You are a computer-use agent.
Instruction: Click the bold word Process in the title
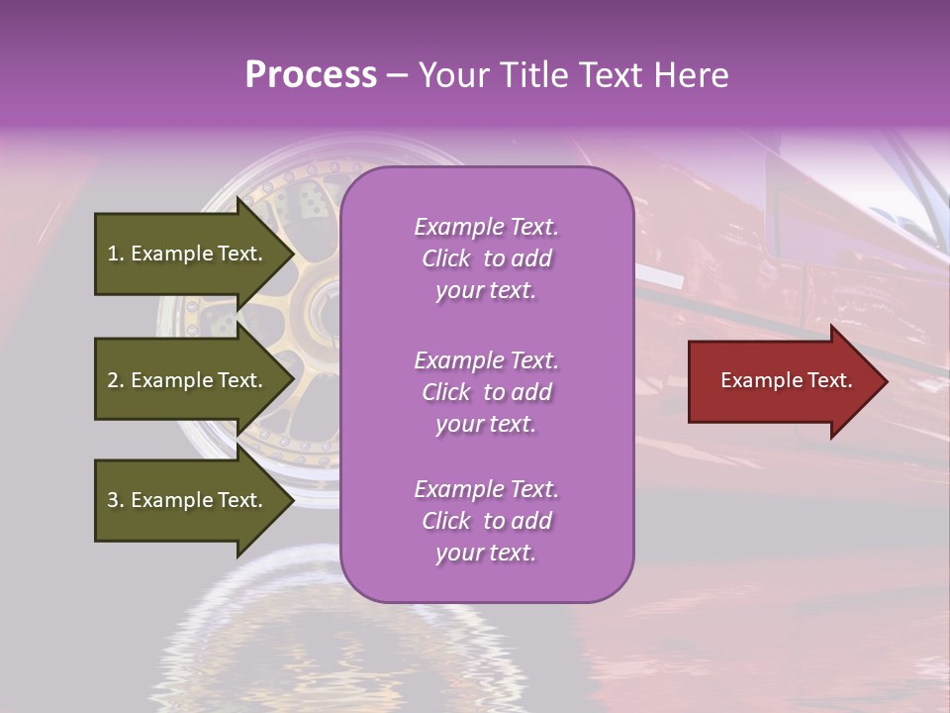(311, 75)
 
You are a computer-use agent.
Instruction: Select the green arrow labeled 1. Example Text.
(188, 254)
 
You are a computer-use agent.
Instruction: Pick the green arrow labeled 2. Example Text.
(188, 380)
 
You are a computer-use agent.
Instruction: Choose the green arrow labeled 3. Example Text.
(188, 500)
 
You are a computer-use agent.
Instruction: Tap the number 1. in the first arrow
(116, 254)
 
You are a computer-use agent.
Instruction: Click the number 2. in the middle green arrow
(116, 380)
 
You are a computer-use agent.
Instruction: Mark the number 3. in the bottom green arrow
(116, 500)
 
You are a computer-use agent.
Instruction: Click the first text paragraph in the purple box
(486, 258)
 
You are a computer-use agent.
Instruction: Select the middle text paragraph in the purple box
(486, 392)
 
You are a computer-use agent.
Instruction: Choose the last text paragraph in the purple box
(486, 521)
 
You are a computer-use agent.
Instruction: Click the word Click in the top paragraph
(446, 258)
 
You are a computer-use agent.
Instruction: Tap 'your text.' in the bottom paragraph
(486, 553)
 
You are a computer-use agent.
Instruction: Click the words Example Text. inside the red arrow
(786, 380)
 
